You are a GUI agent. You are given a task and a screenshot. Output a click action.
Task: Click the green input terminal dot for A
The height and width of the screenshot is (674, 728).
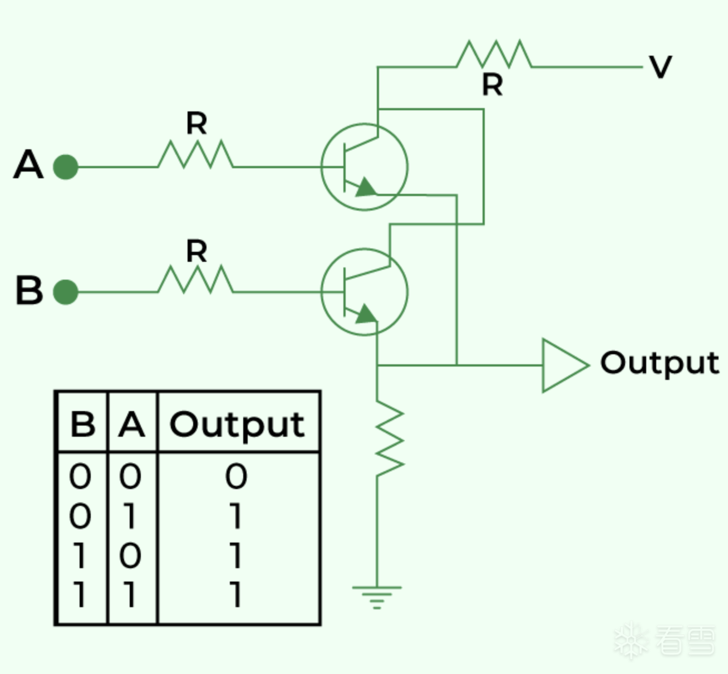[x=66, y=167]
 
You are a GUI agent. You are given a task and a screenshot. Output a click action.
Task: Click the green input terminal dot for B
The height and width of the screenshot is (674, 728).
[x=66, y=292]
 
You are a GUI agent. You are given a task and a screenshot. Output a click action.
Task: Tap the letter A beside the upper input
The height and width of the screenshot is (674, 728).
[x=28, y=165]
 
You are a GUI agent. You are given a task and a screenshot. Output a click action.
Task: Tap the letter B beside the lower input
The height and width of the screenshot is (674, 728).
[x=29, y=290]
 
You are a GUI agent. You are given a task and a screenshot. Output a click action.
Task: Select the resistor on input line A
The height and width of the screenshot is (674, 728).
[x=195, y=155]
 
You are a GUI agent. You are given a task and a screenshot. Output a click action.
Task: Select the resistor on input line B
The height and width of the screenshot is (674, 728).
[x=195, y=280]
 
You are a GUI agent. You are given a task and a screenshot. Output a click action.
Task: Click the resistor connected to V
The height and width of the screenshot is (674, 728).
[x=494, y=55]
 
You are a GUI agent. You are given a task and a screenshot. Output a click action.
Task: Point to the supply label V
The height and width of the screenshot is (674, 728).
[x=660, y=67]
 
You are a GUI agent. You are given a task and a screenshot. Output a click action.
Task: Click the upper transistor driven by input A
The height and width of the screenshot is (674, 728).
[x=365, y=167]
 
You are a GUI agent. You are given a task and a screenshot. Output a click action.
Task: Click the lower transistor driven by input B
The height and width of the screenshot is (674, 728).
[x=365, y=292]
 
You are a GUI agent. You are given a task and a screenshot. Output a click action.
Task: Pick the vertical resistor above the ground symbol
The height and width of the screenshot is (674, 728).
[x=390, y=438]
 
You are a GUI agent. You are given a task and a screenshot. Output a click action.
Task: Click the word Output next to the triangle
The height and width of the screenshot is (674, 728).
[x=660, y=363]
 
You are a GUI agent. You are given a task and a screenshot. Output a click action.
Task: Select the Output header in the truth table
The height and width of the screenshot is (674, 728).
[x=237, y=425]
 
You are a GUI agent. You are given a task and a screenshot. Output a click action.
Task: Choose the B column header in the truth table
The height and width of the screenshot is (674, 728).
[x=82, y=424]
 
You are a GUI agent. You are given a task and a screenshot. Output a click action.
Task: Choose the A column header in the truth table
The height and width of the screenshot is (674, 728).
[x=132, y=424]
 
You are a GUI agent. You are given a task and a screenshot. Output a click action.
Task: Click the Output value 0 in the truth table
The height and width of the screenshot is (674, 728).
[x=236, y=477]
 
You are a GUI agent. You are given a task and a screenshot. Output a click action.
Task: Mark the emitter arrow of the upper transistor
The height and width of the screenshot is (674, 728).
[x=365, y=188]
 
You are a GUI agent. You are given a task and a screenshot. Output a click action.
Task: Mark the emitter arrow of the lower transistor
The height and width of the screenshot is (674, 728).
[x=365, y=314]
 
